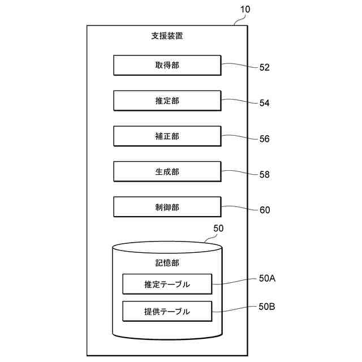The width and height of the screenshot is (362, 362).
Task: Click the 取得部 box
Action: point(167,65)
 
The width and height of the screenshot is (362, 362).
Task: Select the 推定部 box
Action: point(167,101)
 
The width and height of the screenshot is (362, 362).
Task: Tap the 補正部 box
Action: point(167,136)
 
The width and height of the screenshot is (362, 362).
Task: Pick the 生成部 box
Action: point(167,171)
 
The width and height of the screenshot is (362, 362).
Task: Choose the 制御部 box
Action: point(167,207)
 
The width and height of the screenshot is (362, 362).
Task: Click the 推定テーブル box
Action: point(167,284)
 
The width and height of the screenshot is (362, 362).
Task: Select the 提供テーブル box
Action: point(167,311)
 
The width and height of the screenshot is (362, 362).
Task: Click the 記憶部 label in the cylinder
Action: point(167,263)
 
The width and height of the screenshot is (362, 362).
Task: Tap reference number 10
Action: point(245,10)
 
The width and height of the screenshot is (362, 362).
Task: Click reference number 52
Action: point(265,67)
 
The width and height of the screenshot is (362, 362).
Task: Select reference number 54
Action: point(265,103)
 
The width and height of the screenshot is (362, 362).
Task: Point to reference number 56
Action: point(265,139)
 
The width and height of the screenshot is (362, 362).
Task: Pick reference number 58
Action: point(265,174)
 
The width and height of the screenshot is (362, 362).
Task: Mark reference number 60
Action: point(265,210)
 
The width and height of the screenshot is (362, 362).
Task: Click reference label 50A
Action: point(267,278)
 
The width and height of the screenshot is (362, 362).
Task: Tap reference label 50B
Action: point(267,307)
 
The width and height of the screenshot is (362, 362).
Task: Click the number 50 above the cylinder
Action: point(218,229)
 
